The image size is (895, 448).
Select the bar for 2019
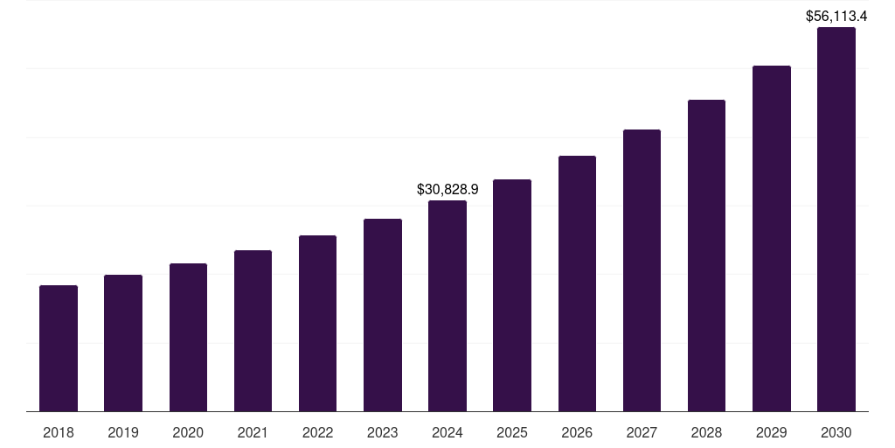tap(123, 343)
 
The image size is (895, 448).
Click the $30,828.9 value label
tap(447, 189)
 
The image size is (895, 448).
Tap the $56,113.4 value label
tap(836, 16)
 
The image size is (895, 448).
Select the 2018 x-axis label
tap(59, 432)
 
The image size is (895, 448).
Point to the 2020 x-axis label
tap(188, 432)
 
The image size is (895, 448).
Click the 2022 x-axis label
tap(317, 432)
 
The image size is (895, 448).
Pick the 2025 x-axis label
tap(512, 432)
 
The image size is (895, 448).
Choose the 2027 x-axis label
tap(642, 432)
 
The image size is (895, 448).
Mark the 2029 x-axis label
tap(771, 432)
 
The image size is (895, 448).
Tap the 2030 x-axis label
tap(836, 432)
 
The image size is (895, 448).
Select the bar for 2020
tap(188, 338)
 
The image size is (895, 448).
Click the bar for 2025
tap(512, 296)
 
